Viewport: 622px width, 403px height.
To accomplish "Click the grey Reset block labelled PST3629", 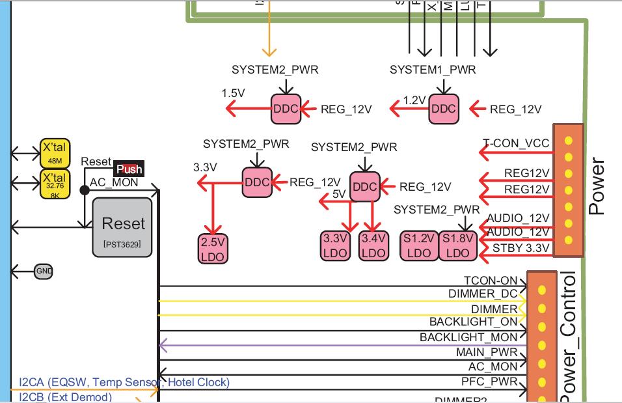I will pos(122,227).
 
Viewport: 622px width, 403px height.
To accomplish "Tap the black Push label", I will pos(129,169).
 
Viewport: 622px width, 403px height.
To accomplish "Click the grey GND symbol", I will pos(44,271).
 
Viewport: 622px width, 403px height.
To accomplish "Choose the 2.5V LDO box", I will pos(213,249).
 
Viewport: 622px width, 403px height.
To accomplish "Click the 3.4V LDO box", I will pos(373,245).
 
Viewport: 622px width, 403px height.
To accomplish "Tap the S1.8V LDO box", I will pos(458,245).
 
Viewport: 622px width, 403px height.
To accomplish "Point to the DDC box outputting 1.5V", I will pos(285,109).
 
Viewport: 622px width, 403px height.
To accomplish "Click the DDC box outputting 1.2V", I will pos(444,109).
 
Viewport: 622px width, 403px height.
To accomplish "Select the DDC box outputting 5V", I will pos(364,187).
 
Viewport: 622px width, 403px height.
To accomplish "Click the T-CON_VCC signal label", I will pos(516,143).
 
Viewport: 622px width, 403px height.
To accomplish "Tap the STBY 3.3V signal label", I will pos(521,248).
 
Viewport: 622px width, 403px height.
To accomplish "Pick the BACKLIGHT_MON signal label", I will pos(468,337).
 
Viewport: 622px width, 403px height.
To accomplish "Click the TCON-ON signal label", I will pos(491,281).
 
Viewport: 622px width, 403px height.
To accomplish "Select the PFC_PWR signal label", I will pos(489,381).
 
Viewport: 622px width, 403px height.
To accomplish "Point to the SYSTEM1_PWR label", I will pos(433,70).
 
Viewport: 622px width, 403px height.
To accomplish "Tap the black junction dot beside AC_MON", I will pos(85,190).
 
